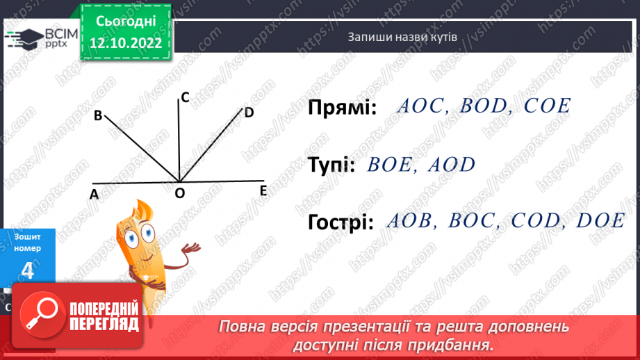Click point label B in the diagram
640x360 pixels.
(98, 115)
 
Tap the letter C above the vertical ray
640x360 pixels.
(184, 98)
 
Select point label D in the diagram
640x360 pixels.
(249, 112)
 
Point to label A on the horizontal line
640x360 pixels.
(94, 195)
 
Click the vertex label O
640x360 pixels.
(179, 195)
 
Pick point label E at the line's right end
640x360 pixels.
(263, 190)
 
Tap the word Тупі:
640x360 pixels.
(331, 165)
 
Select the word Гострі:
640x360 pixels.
(340, 222)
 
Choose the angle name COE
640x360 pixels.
(547, 106)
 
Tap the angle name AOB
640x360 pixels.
(409, 221)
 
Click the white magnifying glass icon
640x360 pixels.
(44, 316)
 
